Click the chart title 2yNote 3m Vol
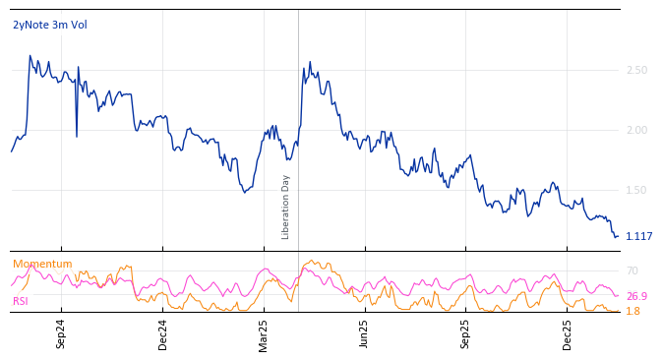(50, 25)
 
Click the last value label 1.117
(638, 236)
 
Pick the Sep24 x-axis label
(61, 333)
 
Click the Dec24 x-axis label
(163, 333)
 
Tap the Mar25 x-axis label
(264, 333)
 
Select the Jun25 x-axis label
(364, 333)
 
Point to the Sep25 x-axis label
(465, 333)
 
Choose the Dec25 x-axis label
(568, 333)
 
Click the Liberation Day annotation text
(286, 207)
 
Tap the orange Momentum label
(42, 264)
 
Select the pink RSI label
(21, 301)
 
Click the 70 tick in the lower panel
(632, 270)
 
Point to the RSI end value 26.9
(636, 296)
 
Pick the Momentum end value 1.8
(633, 311)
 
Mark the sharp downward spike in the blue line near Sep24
(77, 136)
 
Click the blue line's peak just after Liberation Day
(310, 62)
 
